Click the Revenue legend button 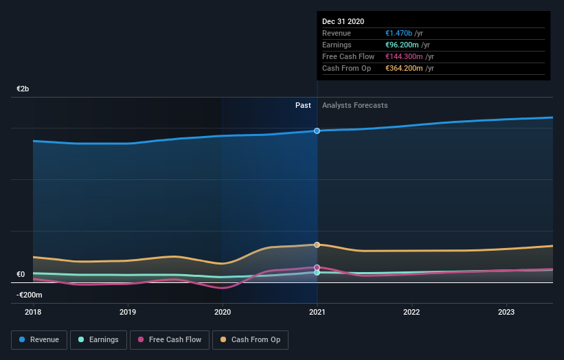point(39,339)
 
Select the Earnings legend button point(98,339)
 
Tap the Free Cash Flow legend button point(170,339)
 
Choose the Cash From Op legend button point(250,339)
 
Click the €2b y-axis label point(23,89)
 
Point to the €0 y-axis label point(21,275)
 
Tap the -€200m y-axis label point(30,295)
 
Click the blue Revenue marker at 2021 point(317,131)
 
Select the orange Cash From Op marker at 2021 point(317,245)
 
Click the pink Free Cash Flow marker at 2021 point(317,267)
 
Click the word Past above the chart point(303,106)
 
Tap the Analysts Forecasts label point(354,106)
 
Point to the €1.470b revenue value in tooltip point(398,34)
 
